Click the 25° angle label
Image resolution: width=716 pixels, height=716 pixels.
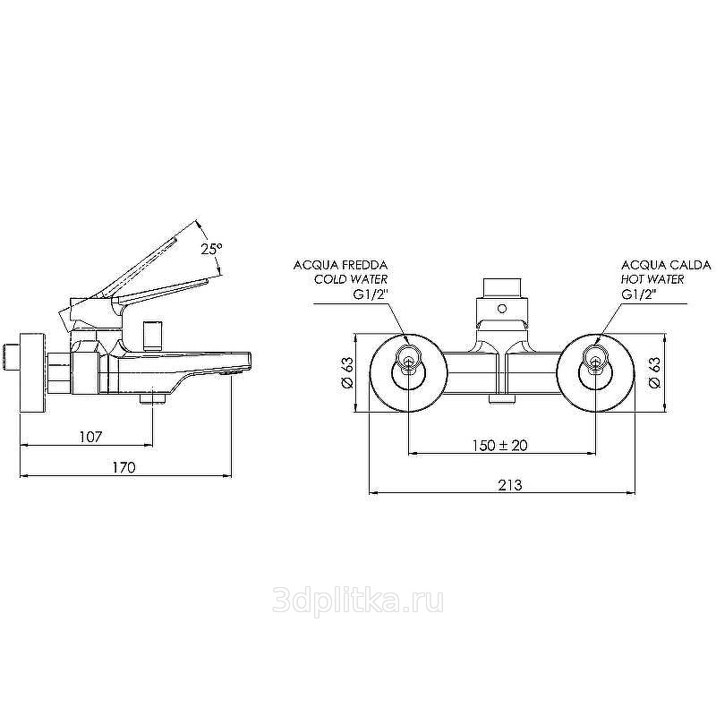click(x=211, y=249)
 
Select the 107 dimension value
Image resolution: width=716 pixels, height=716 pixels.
click(x=91, y=437)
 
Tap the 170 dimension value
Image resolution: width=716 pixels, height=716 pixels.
click(x=124, y=467)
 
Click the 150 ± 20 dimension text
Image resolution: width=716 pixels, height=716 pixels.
click(x=499, y=445)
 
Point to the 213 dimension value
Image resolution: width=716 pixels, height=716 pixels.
click(x=509, y=485)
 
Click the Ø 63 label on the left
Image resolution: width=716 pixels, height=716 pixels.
click(x=348, y=372)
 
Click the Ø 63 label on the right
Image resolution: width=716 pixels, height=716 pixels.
click(x=654, y=372)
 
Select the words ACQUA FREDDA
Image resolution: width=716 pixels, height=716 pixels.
click(x=340, y=265)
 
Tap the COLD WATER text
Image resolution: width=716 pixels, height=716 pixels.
click(x=351, y=279)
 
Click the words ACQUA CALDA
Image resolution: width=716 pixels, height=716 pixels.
click(x=666, y=265)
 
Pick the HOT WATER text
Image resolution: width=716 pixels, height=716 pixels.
click(x=652, y=279)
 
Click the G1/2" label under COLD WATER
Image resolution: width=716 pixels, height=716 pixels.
click(x=371, y=294)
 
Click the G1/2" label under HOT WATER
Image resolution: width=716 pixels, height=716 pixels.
click(x=638, y=294)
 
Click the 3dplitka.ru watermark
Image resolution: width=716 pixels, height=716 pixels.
click(x=357, y=601)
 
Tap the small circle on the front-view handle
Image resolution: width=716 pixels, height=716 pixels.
click(x=502, y=309)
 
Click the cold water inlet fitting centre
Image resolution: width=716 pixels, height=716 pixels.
click(x=409, y=363)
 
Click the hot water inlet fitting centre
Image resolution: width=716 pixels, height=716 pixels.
click(x=594, y=363)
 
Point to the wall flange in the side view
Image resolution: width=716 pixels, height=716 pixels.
click(x=32, y=373)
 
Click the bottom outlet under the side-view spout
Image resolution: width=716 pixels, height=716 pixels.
click(x=152, y=399)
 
